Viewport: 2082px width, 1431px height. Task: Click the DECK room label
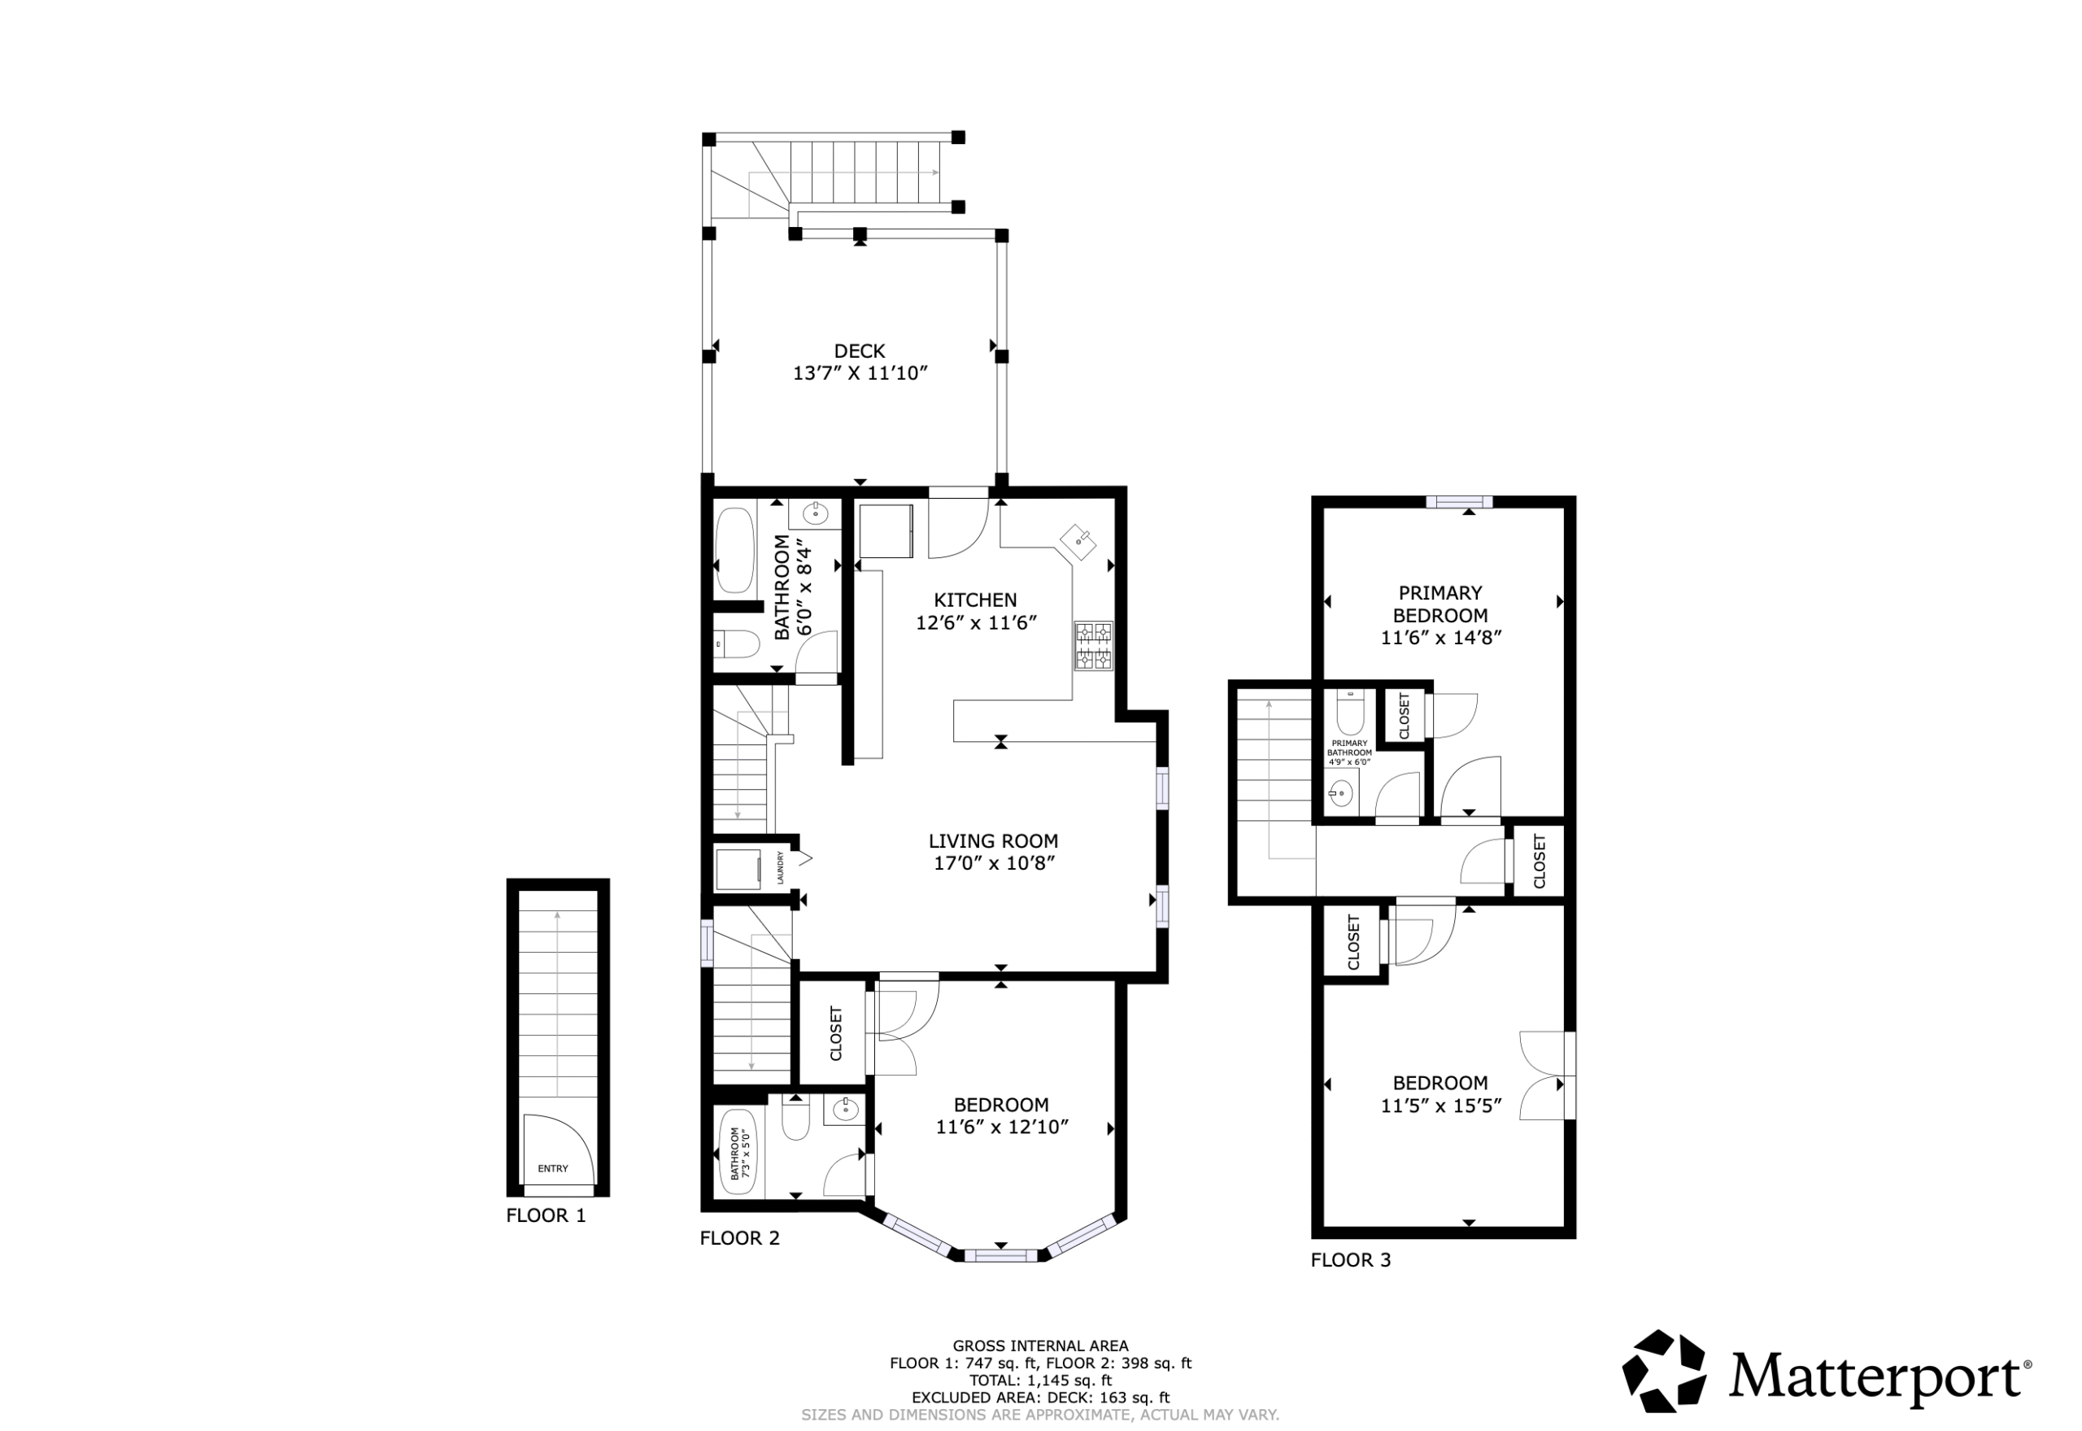coord(860,351)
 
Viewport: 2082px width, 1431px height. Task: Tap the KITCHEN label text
coord(975,600)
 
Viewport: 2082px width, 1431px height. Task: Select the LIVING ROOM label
coord(993,841)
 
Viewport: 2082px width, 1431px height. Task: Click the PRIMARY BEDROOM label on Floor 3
coord(1440,604)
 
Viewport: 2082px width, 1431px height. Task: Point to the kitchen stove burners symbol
coord(1093,646)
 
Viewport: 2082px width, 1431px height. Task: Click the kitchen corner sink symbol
coord(1078,542)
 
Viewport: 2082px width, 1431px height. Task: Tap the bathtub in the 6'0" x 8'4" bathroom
coord(735,551)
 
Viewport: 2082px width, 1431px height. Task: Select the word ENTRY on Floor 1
coord(553,1168)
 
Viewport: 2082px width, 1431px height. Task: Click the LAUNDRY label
coord(781,868)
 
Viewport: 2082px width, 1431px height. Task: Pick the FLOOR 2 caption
coord(739,1238)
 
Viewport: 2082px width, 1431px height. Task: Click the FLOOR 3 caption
coord(1351,1259)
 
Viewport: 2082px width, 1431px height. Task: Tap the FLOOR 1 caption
coord(546,1215)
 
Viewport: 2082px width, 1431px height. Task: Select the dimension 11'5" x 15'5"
coord(1440,1106)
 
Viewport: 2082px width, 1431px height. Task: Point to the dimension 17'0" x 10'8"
coord(993,863)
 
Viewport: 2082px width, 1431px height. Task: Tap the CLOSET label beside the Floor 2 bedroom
coord(836,1034)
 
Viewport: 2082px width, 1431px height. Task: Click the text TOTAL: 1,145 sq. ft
coord(1040,1405)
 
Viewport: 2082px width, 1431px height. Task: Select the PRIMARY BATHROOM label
coord(1350,748)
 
